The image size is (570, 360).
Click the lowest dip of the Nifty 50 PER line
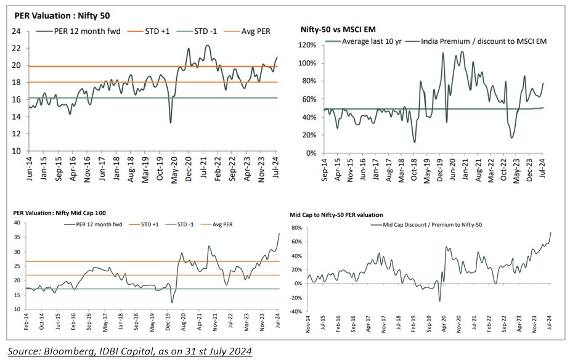tap(171, 122)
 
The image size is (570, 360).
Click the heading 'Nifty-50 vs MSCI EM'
tap(338, 29)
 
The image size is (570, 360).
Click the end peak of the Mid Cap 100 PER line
tap(279, 234)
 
